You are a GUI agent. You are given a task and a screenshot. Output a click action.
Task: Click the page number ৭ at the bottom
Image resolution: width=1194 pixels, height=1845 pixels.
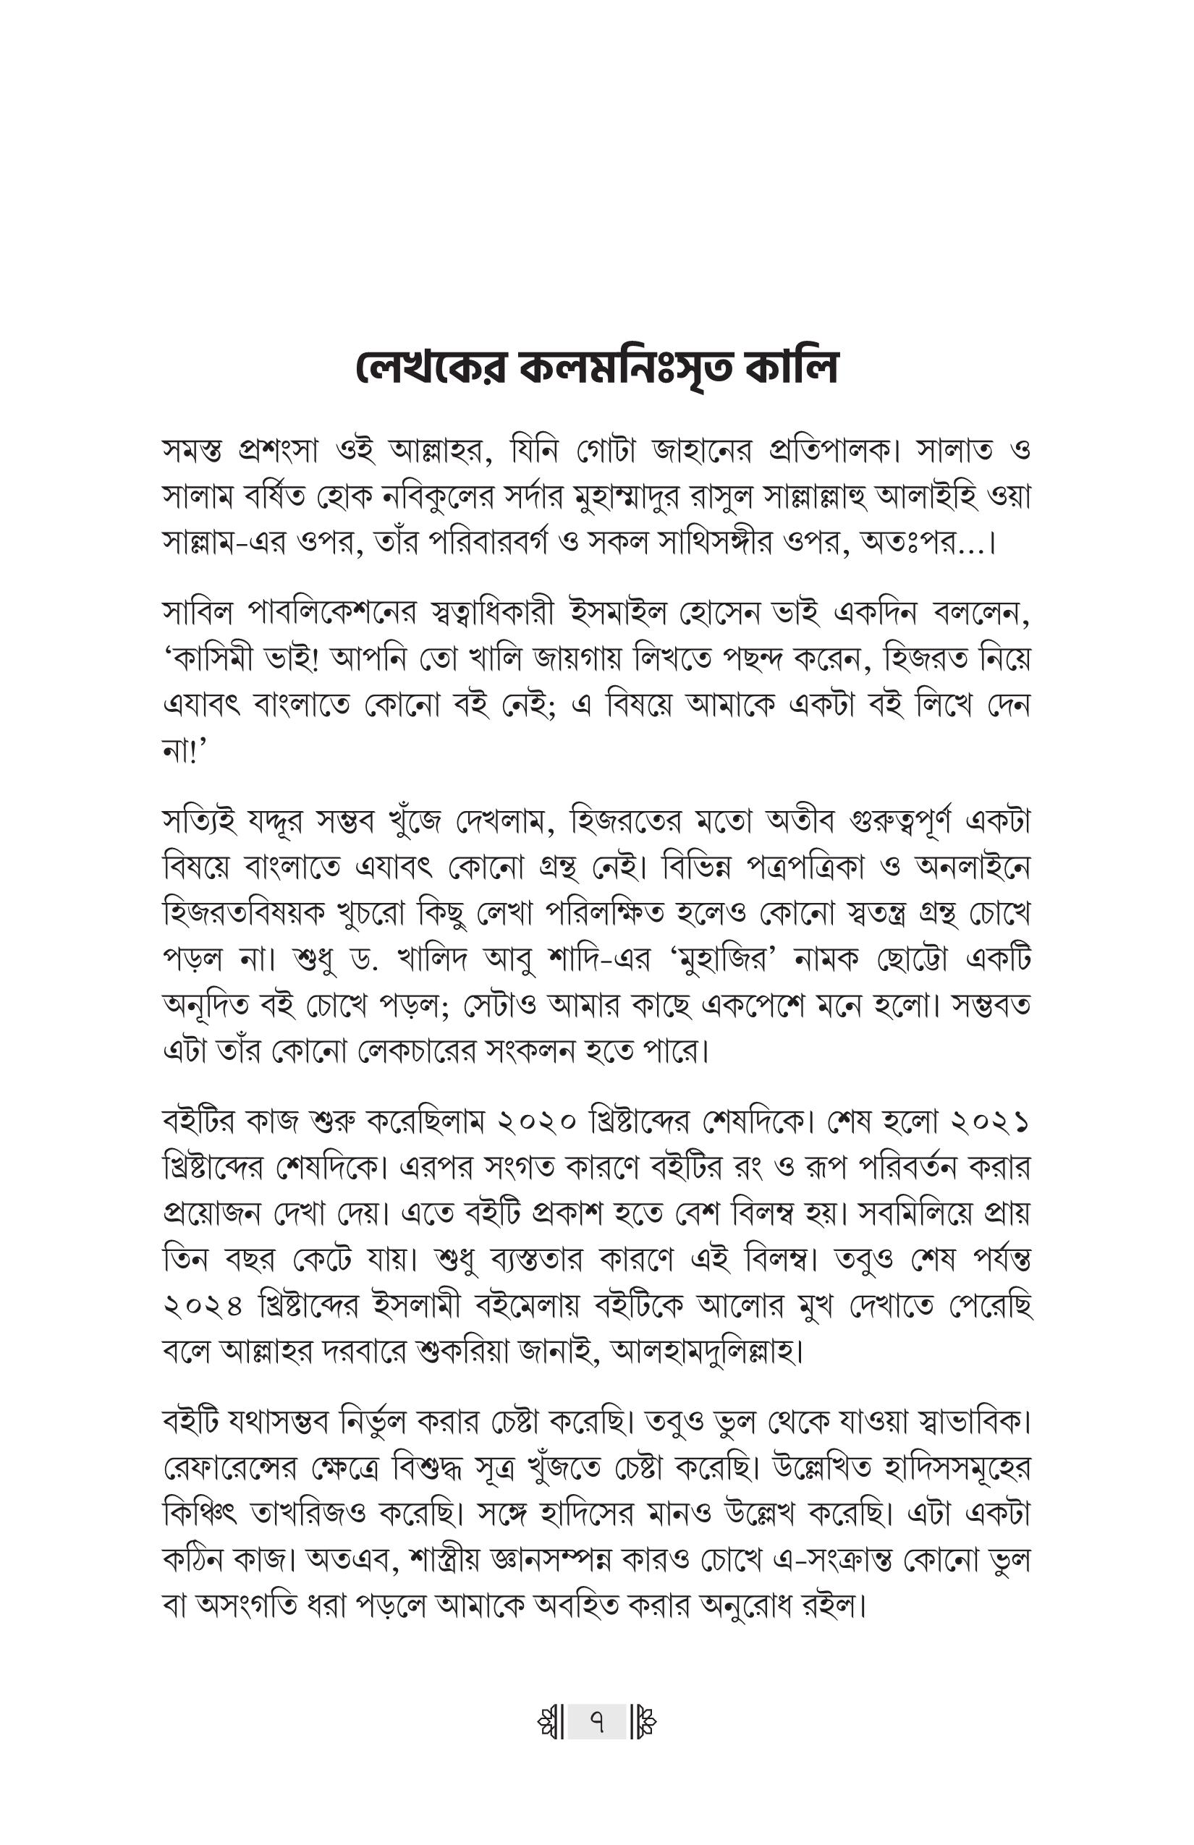pyautogui.click(x=596, y=1723)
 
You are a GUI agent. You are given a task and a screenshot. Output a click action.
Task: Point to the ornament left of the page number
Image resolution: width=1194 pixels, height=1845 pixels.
pyautogui.click(x=550, y=1723)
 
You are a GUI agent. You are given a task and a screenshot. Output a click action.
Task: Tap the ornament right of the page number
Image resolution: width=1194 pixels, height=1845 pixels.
pyautogui.click(x=644, y=1723)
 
